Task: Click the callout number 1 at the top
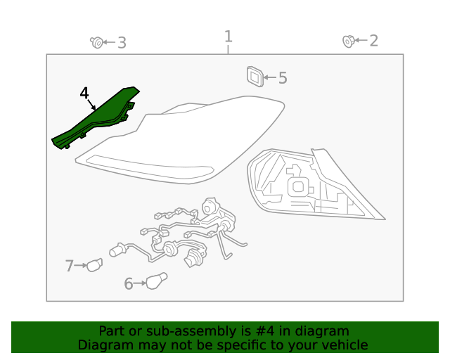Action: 228,37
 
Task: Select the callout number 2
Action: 373,41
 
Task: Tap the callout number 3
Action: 122,43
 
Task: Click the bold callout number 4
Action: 84,94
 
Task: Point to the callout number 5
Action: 283,78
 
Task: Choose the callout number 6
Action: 128,283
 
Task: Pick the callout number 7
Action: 69,266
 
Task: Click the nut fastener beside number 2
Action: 349,41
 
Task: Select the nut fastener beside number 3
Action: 97,42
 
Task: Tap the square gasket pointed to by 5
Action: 255,77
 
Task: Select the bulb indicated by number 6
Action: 156,281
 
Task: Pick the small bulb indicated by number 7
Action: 94,265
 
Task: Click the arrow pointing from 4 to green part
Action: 91,105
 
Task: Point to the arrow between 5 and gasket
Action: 270,77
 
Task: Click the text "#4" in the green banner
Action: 264,331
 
